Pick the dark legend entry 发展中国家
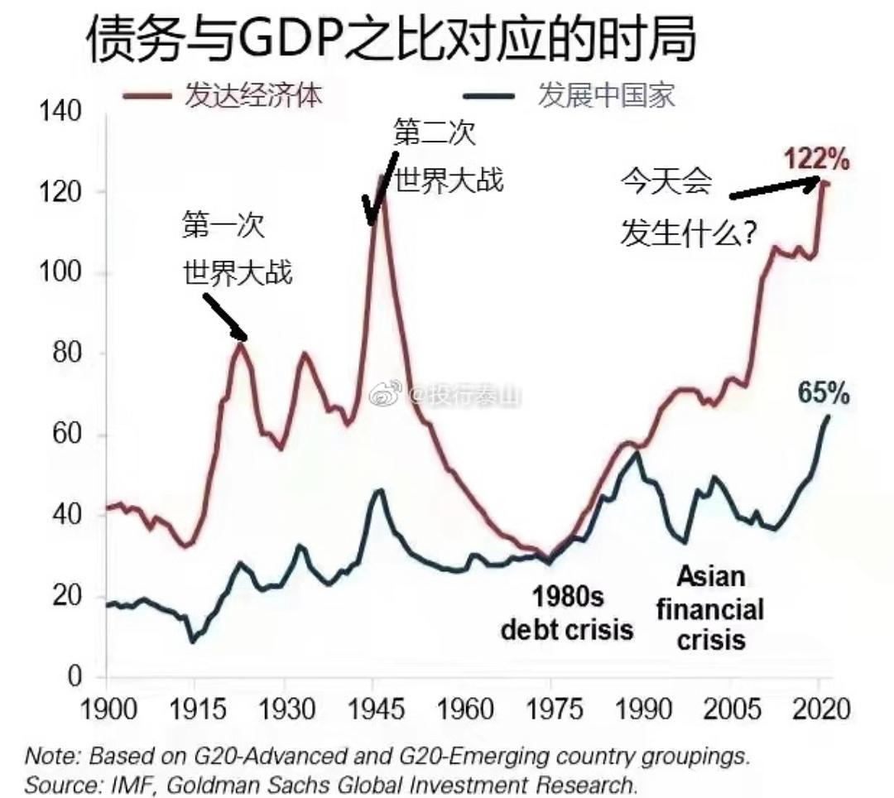coord(606,95)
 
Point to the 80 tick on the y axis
coord(67,353)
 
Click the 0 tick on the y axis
coord(75,677)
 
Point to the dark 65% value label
coord(824,394)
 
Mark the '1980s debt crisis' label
coord(567,613)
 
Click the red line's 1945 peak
coord(382,176)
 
